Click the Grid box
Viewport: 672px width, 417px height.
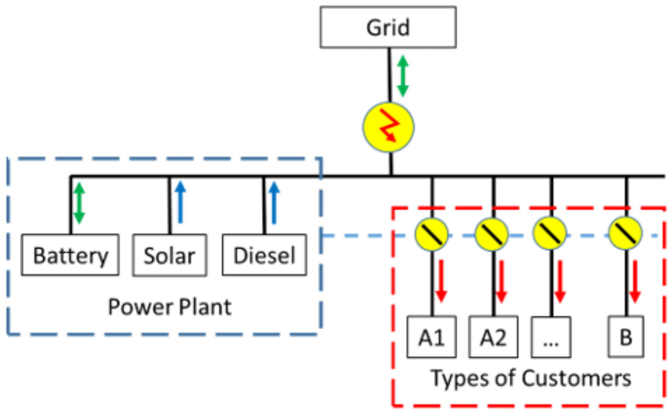click(x=388, y=27)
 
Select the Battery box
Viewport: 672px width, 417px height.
click(x=70, y=255)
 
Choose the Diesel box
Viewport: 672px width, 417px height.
click(x=264, y=255)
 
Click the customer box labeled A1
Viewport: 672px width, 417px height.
click(x=431, y=337)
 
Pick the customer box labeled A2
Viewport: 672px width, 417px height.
click(x=493, y=337)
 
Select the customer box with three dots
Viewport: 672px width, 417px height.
click(x=551, y=337)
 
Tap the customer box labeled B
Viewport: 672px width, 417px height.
click(x=626, y=337)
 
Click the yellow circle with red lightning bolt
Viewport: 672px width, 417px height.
click(x=388, y=127)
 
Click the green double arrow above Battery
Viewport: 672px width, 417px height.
click(x=79, y=203)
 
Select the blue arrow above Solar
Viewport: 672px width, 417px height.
click(x=180, y=202)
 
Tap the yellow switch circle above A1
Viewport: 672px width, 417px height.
click(x=432, y=234)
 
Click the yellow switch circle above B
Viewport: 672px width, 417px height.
click(x=625, y=234)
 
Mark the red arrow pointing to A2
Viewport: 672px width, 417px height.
click(x=501, y=281)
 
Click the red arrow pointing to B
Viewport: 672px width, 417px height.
click(x=635, y=281)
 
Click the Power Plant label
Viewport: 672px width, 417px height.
click(x=169, y=307)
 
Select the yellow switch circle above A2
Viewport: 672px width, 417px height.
click(x=492, y=234)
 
